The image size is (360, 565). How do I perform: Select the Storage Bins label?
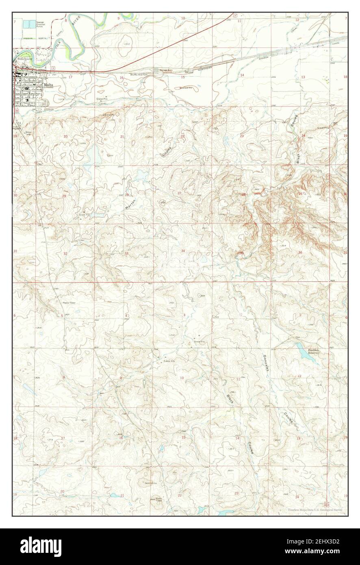[162, 70]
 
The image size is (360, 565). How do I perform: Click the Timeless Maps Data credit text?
[315, 509]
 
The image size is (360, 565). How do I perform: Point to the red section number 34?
[183, 251]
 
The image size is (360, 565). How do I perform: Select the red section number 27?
[179, 193]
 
